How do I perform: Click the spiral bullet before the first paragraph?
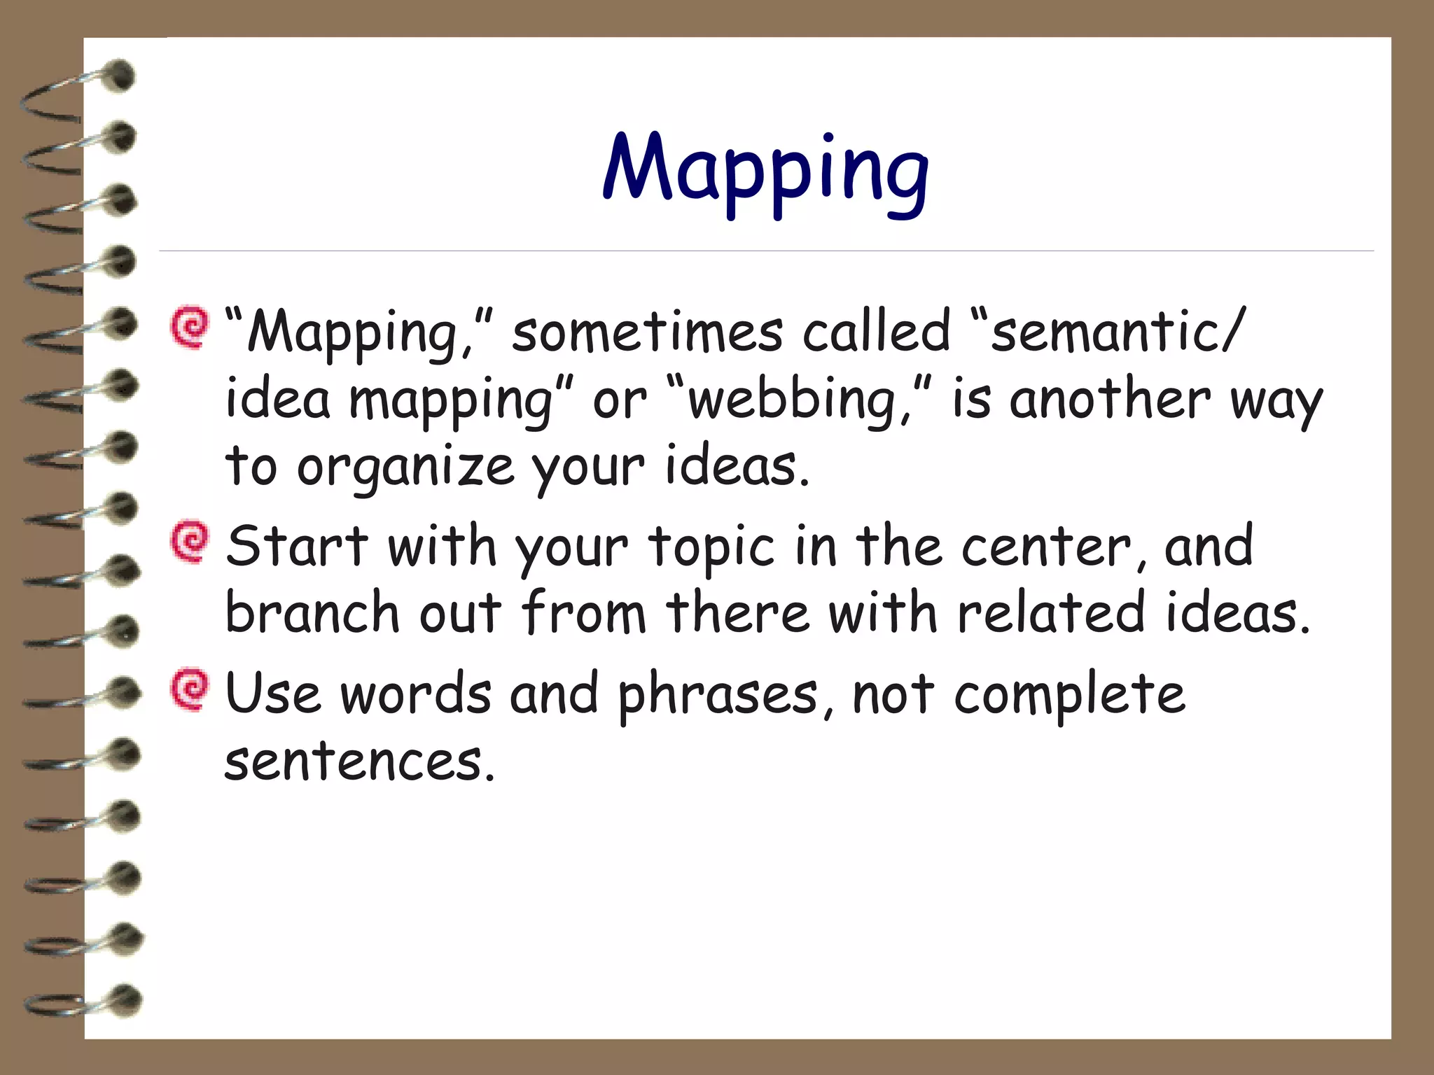click(189, 327)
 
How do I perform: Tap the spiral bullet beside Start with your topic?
click(189, 542)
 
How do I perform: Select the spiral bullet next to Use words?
click(189, 691)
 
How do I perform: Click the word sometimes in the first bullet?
click(647, 332)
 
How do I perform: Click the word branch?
click(312, 612)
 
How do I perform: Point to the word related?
click(1050, 612)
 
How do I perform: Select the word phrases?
click(717, 696)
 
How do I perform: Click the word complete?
click(1068, 696)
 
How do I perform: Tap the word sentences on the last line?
click(354, 761)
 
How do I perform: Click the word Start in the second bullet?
click(297, 546)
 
